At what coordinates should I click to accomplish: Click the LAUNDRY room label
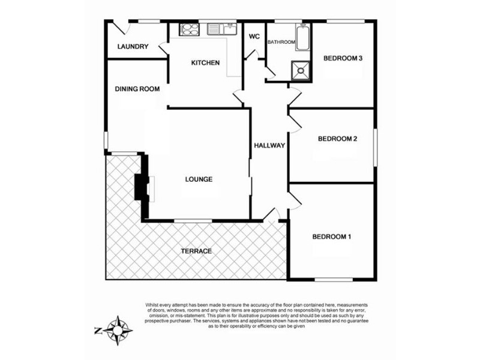pyautogui.click(x=133, y=47)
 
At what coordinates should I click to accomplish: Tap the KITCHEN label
pyautogui.click(x=205, y=63)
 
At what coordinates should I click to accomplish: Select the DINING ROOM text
pyautogui.click(x=137, y=89)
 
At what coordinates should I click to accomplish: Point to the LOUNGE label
pyautogui.click(x=199, y=179)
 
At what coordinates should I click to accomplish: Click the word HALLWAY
pyautogui.click(x=269, y=146)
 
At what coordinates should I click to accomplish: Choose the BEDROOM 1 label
pyautogui.click(x=332, y=236)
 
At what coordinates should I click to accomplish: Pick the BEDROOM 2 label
pyautogui.click(x=337, y=139)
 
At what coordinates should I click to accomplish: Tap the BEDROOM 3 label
pyautogui.click(x=343, y=58)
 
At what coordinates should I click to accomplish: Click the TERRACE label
pyautogui.click(x=196, y=251)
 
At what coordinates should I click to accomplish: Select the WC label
pyautogui.click(x=254, y=37)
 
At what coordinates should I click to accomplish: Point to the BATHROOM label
pyautogui.click(x=281, y=42)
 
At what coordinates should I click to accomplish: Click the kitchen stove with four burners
pyautogui.click(x=190, y=29)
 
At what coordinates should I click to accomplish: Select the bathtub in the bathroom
pyautogui.click(x=303, y=37)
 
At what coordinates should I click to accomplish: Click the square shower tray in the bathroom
pyautogui.click(x=301, y=70)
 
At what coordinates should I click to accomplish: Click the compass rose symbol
pyautogui.click(x=118, y=331)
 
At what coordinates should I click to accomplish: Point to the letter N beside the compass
pyautogui.click(x=98, y=331)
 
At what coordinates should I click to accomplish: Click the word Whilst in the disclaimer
pyautogui.click(x=152, y=305)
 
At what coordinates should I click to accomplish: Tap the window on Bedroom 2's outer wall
pyautogui.click(x=376, y=148)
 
